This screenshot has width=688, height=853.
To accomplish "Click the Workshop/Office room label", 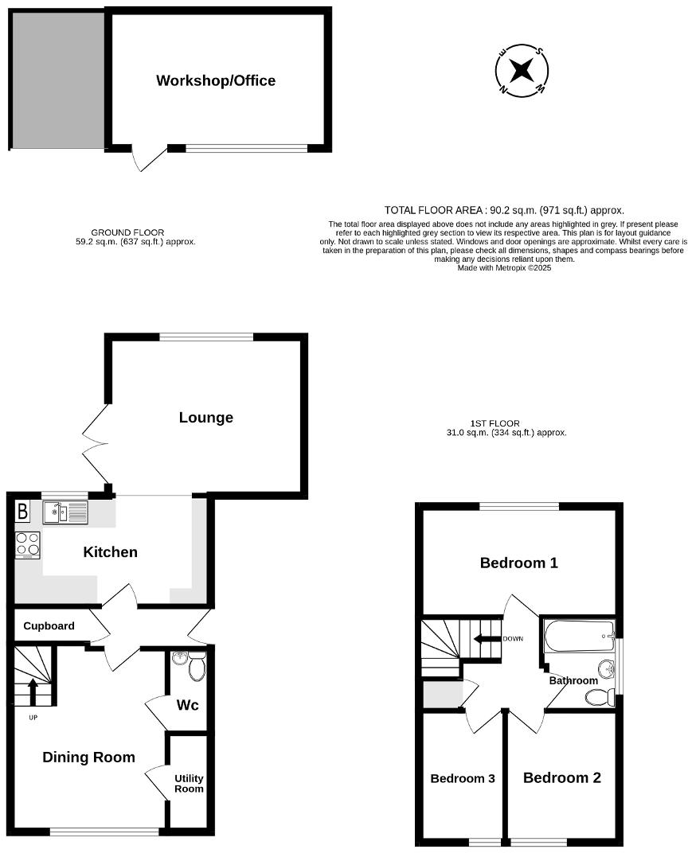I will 216,80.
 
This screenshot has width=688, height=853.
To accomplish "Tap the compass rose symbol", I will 521,71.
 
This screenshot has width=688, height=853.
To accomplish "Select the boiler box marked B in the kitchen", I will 23,511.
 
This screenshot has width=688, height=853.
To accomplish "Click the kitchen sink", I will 64,512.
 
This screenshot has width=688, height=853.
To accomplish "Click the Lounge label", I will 205,418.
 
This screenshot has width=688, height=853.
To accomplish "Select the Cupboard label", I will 49,626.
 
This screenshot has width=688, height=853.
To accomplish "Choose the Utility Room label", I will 189,784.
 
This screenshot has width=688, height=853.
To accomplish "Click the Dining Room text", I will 88,758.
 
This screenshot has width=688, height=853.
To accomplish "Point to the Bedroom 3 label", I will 463,779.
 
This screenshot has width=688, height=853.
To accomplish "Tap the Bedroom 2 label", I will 561,778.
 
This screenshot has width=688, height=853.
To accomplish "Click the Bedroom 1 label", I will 518,563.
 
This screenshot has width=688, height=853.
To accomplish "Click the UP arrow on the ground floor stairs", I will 33,691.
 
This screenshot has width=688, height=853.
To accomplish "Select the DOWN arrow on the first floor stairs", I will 483,638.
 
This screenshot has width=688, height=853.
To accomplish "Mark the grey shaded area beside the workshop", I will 57,80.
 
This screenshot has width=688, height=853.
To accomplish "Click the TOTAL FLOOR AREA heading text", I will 504,210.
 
